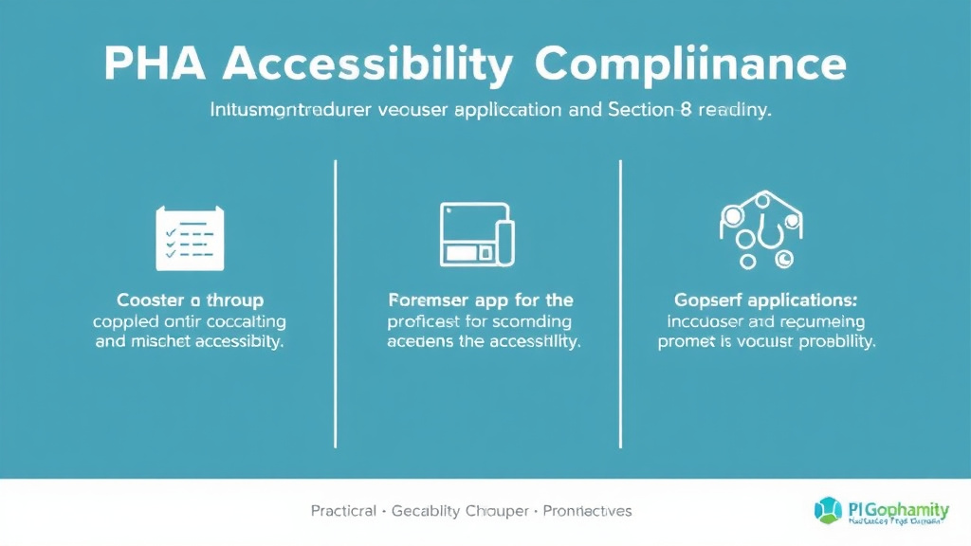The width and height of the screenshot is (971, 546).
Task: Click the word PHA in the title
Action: tap(155, 64)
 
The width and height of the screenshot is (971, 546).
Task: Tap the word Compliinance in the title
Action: tap(689, 64)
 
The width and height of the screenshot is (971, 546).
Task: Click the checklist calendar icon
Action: tap(189, 238)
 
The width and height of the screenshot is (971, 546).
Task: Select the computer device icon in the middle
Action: tap(477, 233)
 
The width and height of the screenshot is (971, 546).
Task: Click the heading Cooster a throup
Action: tap(190, 300)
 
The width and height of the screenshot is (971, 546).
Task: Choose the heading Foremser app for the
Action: tap(481, 300)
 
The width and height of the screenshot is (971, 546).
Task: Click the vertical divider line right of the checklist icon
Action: tap(336, 303)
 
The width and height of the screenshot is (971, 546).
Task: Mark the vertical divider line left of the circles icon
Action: tap(620, 303)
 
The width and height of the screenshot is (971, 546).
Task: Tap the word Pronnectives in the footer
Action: tap(588, 511)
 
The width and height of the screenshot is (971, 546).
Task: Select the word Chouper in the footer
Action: tap(496, 511)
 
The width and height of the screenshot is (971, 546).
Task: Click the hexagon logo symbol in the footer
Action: tap(827, 509)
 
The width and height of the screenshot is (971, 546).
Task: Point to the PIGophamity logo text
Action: tap(895, 507)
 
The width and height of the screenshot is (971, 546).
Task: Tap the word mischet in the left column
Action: tap(161, 342)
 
